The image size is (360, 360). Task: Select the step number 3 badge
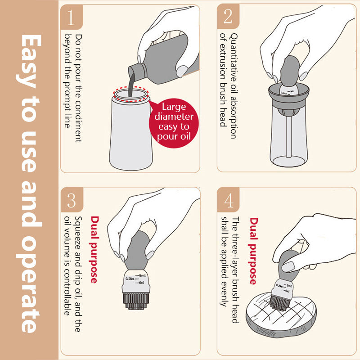[72, 199]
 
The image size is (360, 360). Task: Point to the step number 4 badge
[228, 199]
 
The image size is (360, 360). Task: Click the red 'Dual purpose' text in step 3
[94, 249]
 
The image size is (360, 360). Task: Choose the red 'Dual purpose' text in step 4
[253, 251]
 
